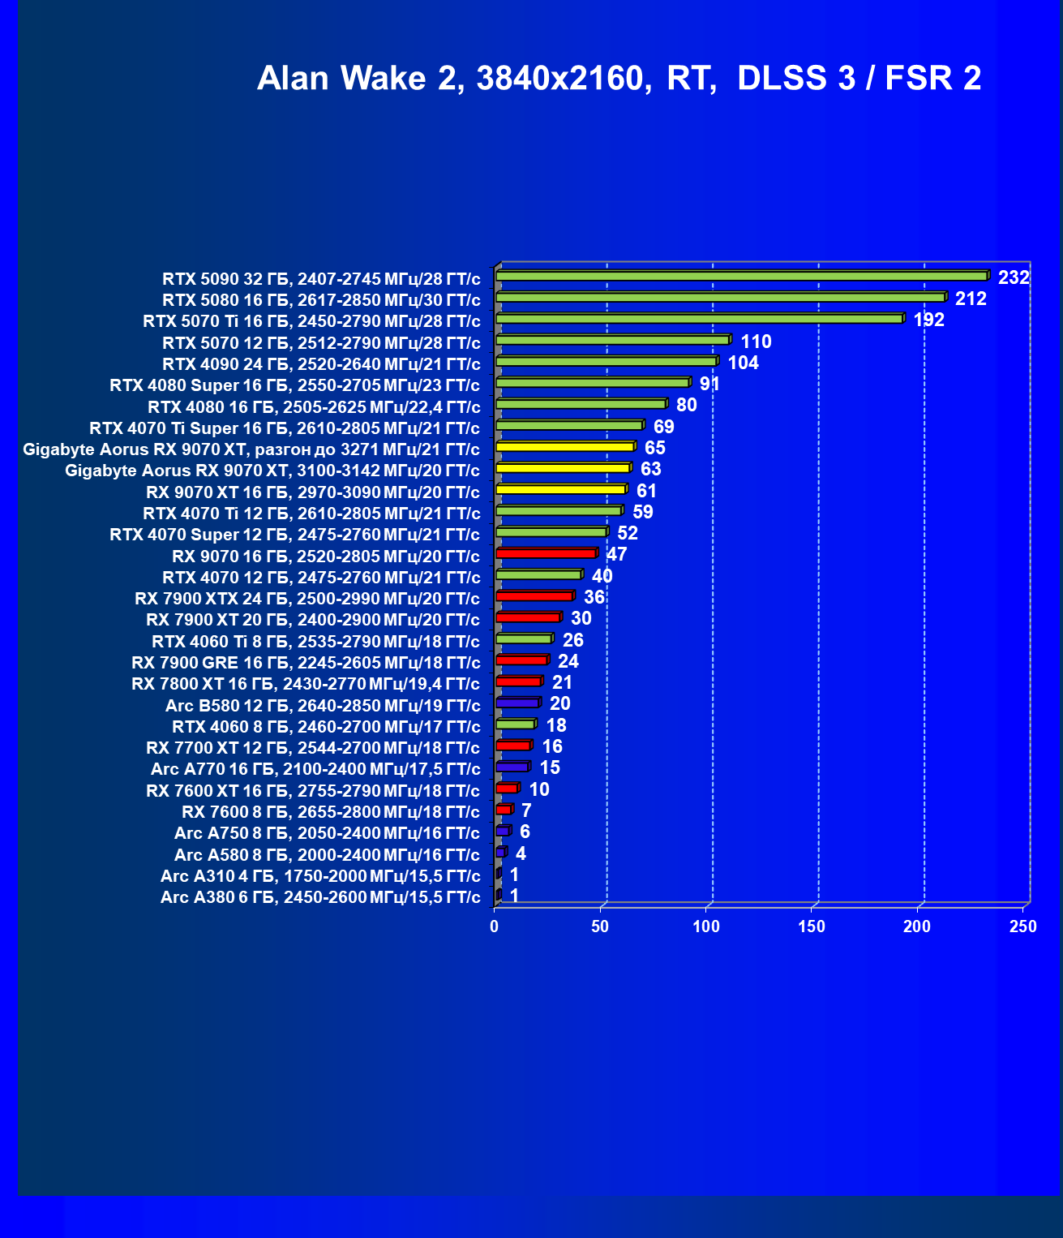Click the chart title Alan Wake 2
pyautogui.click(x=619, y=79)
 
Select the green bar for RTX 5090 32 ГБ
pyautogui.click(x=741, y=277)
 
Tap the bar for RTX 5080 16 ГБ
pyautogui.click(x=720, y=298)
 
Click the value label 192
pyautogui.click(x=928, y=320)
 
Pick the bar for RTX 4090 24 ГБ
pyautogui.click(x=606, y=362)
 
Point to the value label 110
pyautogui.click(x=756, y=342)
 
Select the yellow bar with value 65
pyautogui.click(x=564, y=447)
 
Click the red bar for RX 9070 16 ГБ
pyautogui.click(x=546, y=553)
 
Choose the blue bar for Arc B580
pyautogui.click(x=517, y=703)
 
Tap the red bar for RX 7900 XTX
pyautogui.click(x=534, y=596)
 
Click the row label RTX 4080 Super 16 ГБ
pyautogui.click(x=294, y=385)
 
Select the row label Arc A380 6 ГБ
pyautogui.click(x=320, y=897)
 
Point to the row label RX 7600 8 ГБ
pyautogui.click(x=331, y=812)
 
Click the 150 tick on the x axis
pyautogui.click(x=812, y=926)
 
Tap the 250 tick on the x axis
pyautogui.click(x=1022, y=926)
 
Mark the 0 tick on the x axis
pyautogui.click(x=495, y=926)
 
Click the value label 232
pyautogui.click(x=1014, y=277)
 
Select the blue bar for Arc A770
pyautogui.click(x=512, y=767)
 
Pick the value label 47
pyautogui.click(x=616, y=554)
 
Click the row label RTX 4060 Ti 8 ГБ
pyautogui.click(x=315, y=642)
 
